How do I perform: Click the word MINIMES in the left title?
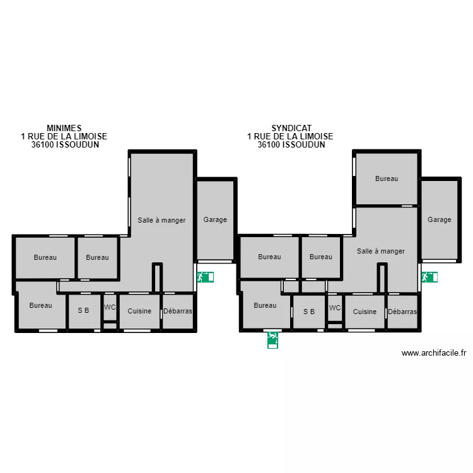click(x=64, y=128)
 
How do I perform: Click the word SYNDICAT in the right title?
click(x=291, y=128)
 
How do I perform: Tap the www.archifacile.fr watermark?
click(x=433, y=354)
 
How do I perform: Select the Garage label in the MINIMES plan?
click(x=215, y=220)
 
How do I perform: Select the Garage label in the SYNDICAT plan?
click(x=440, y=220)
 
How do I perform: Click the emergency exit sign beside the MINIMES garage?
click(x=205, y=277)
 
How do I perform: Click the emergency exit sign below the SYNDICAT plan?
click(x=272, y=340)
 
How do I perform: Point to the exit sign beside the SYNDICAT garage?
click(x=429, y=277)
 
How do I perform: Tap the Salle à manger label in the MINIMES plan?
click(x=161, y=220)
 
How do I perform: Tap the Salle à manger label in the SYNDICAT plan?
click(x=380, y=251)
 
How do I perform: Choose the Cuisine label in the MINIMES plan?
click(x=139, y=311)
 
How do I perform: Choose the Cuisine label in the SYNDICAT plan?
click(x=365, y=312)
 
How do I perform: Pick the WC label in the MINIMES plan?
click(x=110, y=308)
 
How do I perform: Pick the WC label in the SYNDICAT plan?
click(x=334, y=308)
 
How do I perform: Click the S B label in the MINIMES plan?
click(x=83, y=311)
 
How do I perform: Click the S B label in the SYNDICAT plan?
click(x=308, y=312)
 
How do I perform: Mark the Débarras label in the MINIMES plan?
click(x=177, y=311)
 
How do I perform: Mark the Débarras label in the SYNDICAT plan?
click(x=402, y=312)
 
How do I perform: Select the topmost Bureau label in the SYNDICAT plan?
click(x=387, y=178)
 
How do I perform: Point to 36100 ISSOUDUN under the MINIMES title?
click(x=64, y=144)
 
